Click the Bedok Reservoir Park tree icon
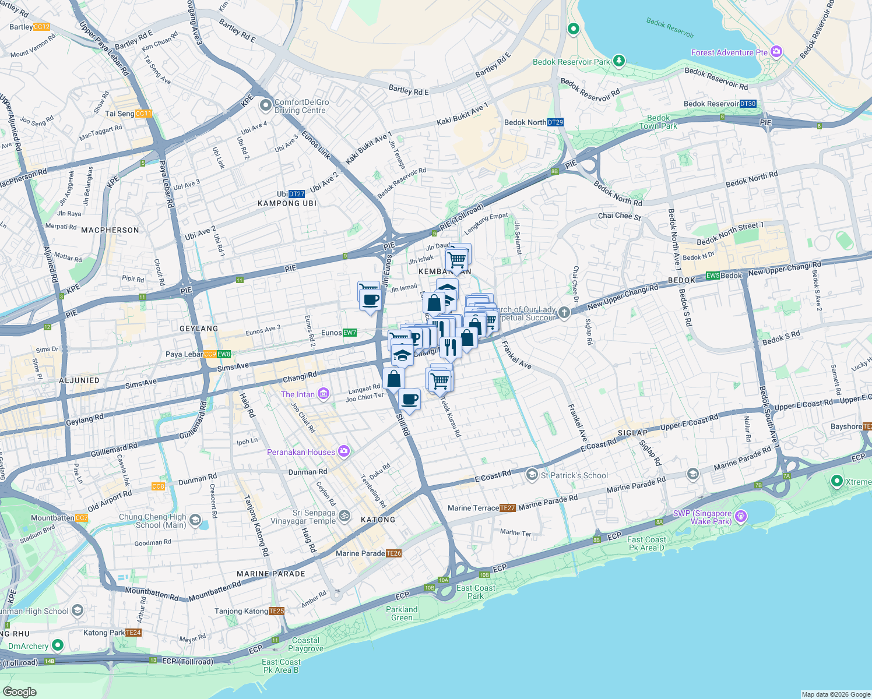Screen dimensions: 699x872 [618, 61]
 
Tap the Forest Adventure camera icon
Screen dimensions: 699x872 [776, 52]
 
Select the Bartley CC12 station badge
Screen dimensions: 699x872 [42, 27]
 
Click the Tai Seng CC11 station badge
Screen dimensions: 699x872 [143, 114]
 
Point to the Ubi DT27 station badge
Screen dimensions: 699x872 [297, 194]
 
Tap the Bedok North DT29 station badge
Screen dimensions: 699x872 [555, 122]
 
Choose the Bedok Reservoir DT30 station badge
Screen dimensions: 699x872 [748, 104]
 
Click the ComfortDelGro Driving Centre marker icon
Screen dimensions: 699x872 [266, 105]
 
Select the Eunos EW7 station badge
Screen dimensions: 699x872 [349, 333]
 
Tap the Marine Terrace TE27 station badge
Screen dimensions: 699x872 [508, 508]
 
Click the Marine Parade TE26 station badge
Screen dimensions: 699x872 [393, 553]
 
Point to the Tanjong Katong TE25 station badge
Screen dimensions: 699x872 [277, 611]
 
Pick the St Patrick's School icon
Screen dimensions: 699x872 [532, 475]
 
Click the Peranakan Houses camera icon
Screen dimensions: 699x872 [343, 451]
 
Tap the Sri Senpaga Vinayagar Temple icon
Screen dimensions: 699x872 [344, 516]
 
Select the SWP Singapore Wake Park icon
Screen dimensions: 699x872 [741, 516]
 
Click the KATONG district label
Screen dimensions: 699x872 [378, 520]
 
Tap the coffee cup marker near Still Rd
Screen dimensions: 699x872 [410, 400]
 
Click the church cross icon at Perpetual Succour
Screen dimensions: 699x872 [564, 313]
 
